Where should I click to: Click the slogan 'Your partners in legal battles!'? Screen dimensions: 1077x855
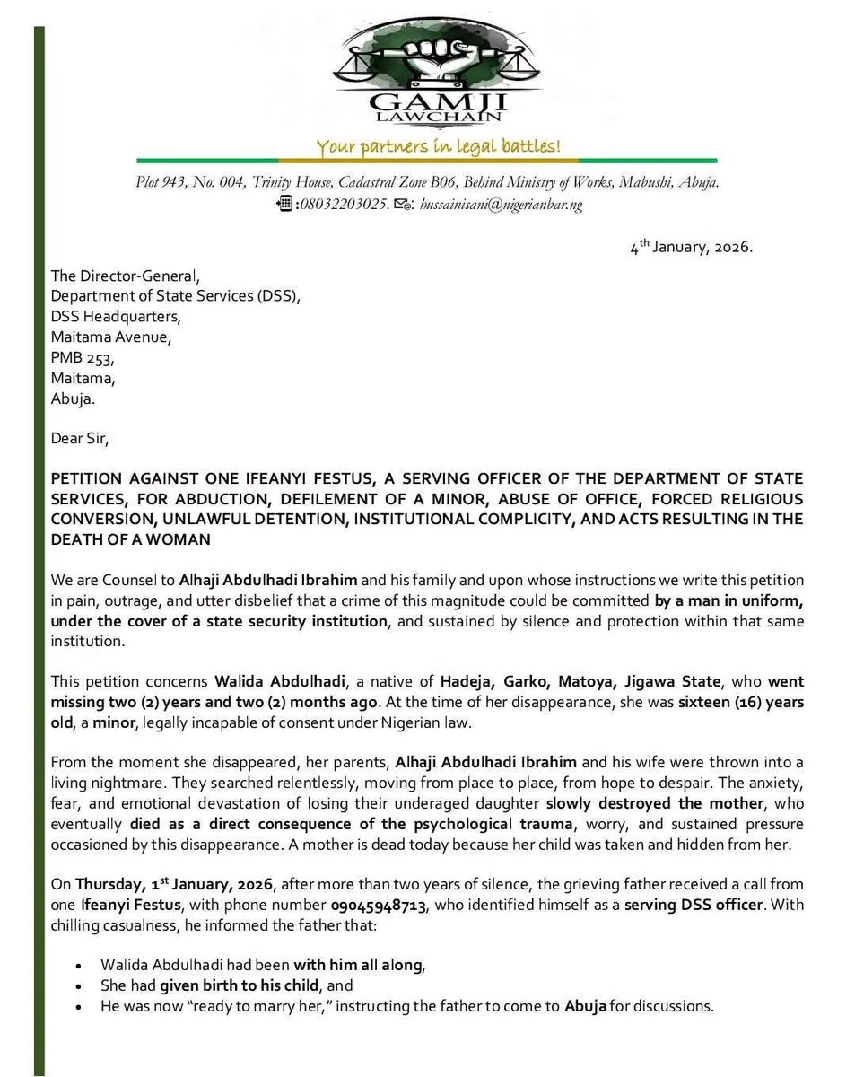437,147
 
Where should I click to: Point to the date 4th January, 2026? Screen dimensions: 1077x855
691,247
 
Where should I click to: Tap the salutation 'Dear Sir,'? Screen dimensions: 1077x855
79,440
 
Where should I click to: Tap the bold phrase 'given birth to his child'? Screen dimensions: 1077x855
215,985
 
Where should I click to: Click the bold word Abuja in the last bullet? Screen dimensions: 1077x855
585,1006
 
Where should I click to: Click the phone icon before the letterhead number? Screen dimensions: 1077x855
284,204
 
